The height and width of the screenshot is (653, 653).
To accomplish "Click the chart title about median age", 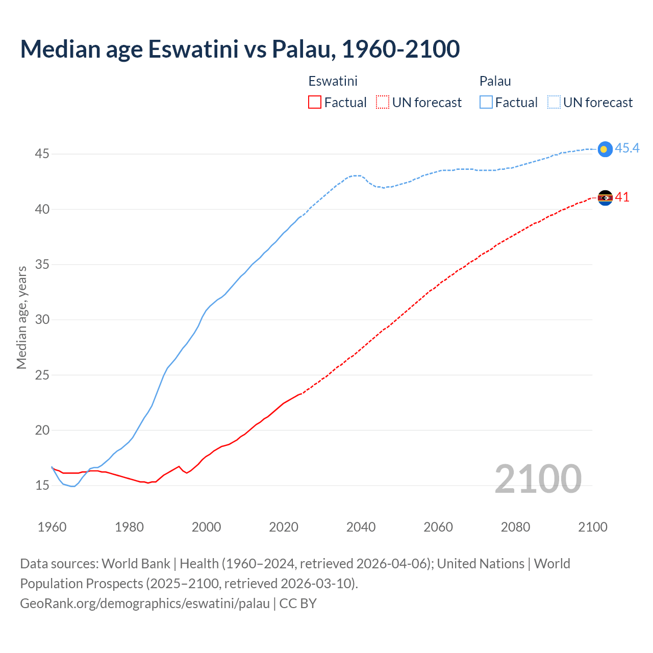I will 240,49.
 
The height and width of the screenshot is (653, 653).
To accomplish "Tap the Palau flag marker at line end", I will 605,149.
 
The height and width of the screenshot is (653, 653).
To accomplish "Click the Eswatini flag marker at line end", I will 605,197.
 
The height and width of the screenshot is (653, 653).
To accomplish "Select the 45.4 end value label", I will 627,148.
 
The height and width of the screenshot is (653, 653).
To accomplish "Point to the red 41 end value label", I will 622,197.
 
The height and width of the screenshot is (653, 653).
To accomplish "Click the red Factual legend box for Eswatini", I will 315,103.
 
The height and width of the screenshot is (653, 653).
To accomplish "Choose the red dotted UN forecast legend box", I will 383,103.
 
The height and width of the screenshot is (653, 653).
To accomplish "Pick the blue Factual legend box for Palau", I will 486,103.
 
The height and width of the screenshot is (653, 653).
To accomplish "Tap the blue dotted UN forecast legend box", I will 554,103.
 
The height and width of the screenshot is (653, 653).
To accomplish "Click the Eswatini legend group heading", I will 333,81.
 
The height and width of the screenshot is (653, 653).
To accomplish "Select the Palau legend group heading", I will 495,81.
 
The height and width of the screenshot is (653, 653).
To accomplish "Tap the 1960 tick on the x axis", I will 52,527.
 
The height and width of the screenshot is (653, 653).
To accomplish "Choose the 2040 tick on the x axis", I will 361,527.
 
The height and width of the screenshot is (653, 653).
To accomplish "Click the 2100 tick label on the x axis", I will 592,527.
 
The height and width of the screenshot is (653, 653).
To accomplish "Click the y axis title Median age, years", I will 21,317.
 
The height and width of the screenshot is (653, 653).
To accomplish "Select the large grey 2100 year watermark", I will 538,479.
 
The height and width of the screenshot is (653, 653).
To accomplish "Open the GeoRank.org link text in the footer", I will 145,604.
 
